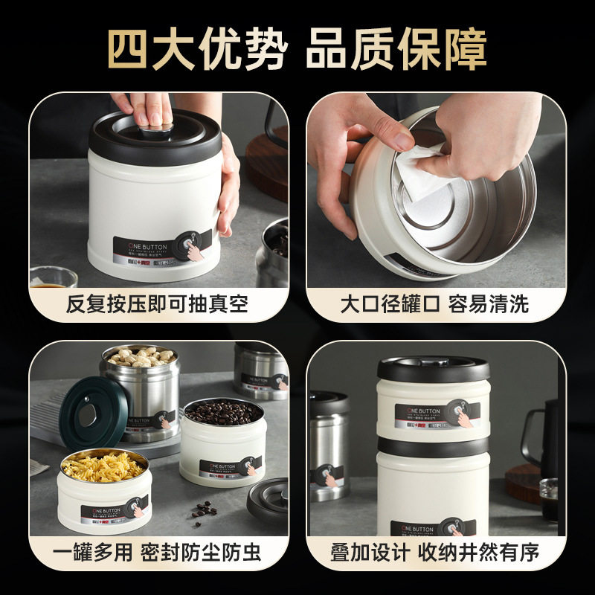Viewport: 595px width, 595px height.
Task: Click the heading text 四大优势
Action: (x=196, y=49)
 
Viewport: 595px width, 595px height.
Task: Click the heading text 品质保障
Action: (x=396, y=49)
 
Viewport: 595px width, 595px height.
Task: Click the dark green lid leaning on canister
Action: (x=93, y=410)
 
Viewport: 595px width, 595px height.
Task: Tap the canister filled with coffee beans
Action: (x=222, y=439)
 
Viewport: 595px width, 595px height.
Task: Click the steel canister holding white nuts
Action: (x=141, y=387)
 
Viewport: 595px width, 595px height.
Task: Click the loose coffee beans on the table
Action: (x=205, y=510)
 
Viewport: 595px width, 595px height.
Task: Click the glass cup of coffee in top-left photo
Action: (x=52, y=279)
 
